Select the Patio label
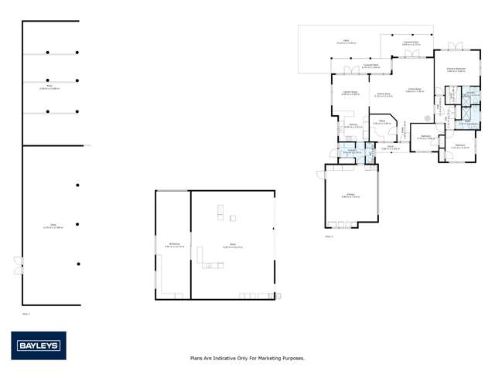[x=340, y=42]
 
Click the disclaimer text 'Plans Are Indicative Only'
[x=247, y=359]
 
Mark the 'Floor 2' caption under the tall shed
[x=25, y=314]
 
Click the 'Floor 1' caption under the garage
[x=329, y=236]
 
